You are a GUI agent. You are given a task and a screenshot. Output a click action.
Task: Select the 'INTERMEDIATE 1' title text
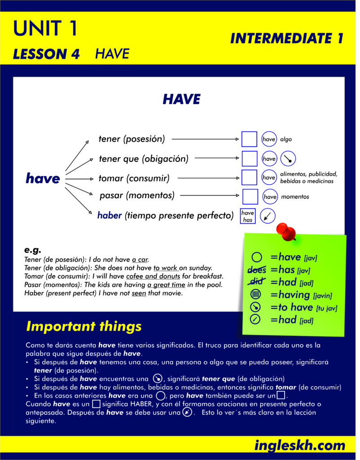pos(287,39)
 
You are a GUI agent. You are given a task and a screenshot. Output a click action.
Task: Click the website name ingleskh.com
pos(299,445)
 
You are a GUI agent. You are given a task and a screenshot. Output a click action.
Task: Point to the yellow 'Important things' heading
pos(84,326)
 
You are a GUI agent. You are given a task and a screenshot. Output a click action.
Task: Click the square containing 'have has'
pos(248,216)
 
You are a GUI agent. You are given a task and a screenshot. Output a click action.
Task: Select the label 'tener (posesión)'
pos(132,139)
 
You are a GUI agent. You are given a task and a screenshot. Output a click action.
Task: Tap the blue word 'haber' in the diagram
pos(110,215)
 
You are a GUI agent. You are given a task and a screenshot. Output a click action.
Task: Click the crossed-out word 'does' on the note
pos(257,270)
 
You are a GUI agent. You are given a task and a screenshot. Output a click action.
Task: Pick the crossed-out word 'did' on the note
pos(257,282)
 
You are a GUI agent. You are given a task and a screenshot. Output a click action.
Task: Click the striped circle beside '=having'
pos(255,294)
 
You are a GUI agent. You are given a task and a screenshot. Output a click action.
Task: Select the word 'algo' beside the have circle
pos(286,139)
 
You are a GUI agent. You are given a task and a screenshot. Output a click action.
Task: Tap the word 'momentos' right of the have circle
pos(295,197)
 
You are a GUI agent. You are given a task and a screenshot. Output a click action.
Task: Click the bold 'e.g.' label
pos(32,250)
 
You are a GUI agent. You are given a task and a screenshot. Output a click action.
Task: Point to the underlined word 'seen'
pos(139,293)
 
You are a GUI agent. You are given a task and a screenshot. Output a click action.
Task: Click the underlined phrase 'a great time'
pos(166,284)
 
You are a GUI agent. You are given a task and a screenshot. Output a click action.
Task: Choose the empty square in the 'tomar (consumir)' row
pos(249,177)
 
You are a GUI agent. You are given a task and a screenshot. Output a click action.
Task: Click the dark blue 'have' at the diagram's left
pos(43,178)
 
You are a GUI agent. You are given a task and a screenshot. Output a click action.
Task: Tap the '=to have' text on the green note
pos(292,307)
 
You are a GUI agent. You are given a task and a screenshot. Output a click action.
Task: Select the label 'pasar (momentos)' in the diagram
pos(137,195)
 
